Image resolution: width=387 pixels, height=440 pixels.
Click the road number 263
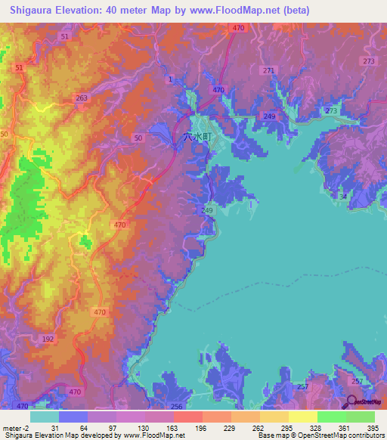[x=82, y=98]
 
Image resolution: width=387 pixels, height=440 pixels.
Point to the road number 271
[x=268, y=70]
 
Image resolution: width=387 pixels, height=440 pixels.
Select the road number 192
[x=48, y=339]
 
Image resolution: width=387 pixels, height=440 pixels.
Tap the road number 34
[x=343, y=197]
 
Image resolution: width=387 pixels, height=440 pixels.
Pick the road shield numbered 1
[x=171, y=79]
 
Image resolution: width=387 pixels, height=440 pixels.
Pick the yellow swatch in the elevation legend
[x=302, y=417]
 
